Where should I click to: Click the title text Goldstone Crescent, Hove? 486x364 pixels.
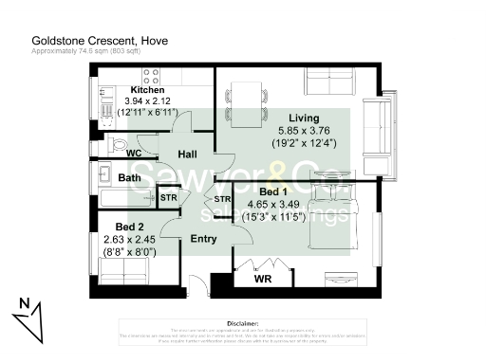tap(87, 41)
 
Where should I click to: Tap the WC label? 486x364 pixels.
tap(135, 152)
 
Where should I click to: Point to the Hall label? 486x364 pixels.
tap(187, 154)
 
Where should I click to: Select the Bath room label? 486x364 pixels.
tap(129, 177)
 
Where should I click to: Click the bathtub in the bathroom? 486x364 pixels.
tap(121, 198)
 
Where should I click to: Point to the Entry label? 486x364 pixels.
tap(204, 239)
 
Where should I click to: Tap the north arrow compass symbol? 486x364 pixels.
tap(29, 318)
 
